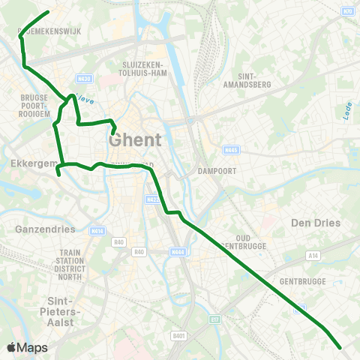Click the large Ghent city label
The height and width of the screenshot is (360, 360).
[x=135, y=139]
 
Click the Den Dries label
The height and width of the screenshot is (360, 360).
[x=315, y=223]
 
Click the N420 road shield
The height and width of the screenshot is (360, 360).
[x=85, y=79]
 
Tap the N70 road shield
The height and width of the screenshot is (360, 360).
[x=347, y=11]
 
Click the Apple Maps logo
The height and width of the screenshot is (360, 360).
[x=27, y=347]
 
